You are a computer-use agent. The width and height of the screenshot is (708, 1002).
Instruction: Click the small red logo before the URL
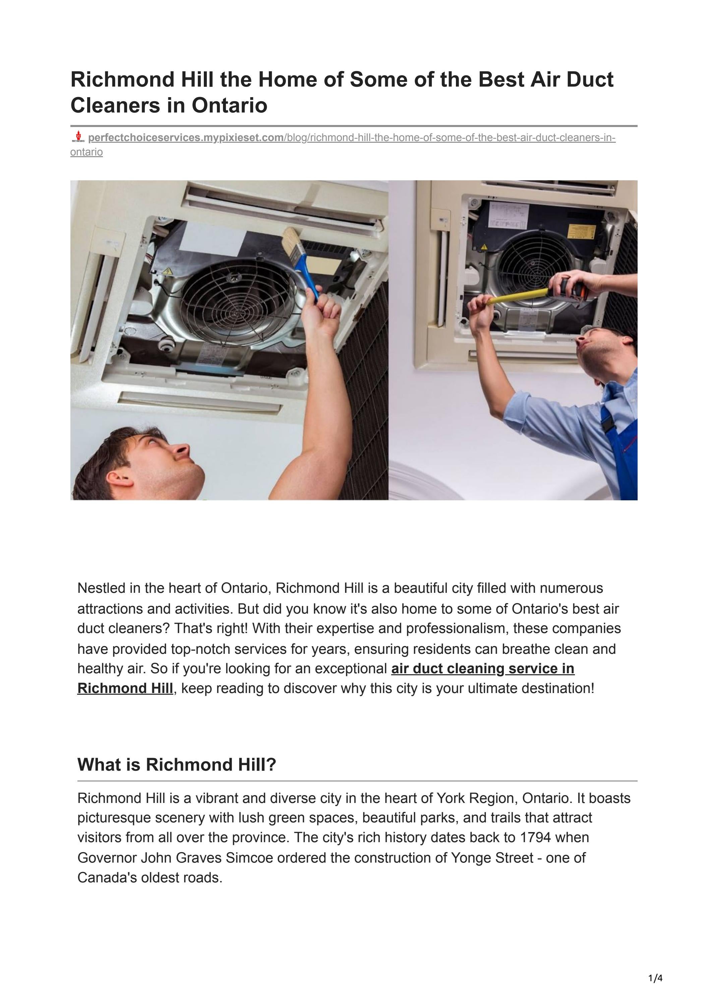click(78, 137)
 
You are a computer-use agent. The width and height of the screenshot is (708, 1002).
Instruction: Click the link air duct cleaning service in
click(482, 669)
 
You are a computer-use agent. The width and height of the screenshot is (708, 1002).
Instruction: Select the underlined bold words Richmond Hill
click(125, 688)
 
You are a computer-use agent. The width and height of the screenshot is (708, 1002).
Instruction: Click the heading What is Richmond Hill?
click(177, 765)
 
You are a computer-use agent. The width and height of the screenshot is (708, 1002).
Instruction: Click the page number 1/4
click(655, 978)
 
